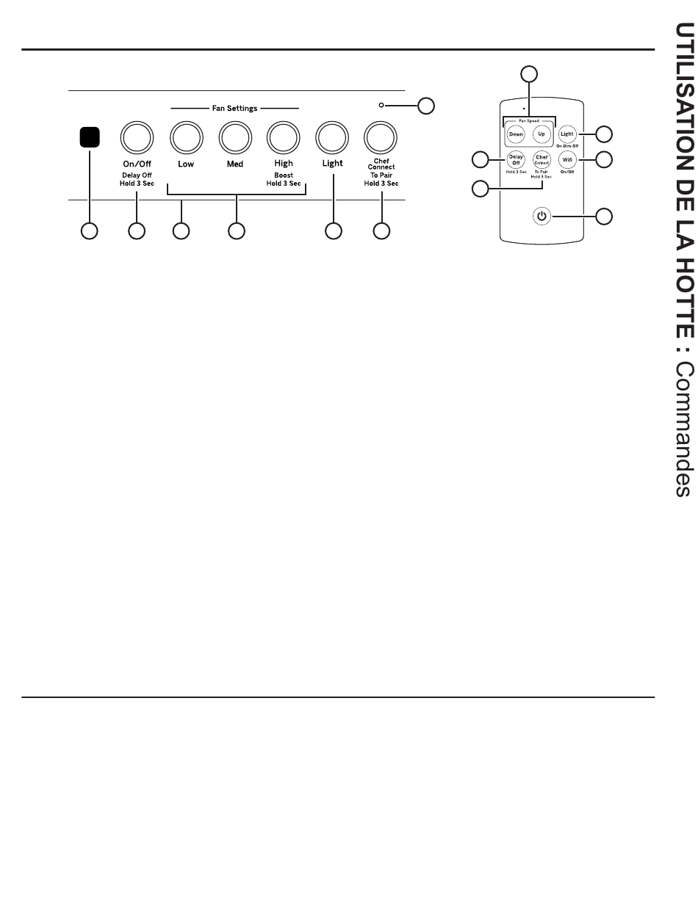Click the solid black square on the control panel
(90, 137)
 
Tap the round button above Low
(186, 136)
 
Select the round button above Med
(234, 136)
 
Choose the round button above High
(284, 136)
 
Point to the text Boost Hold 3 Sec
(284, 179)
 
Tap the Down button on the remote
(516, 134)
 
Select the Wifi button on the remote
(567, 159)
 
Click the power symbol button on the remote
(542, 216)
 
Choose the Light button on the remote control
(566, 134)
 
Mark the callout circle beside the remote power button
(604, 216)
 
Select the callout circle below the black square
(90, 231)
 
